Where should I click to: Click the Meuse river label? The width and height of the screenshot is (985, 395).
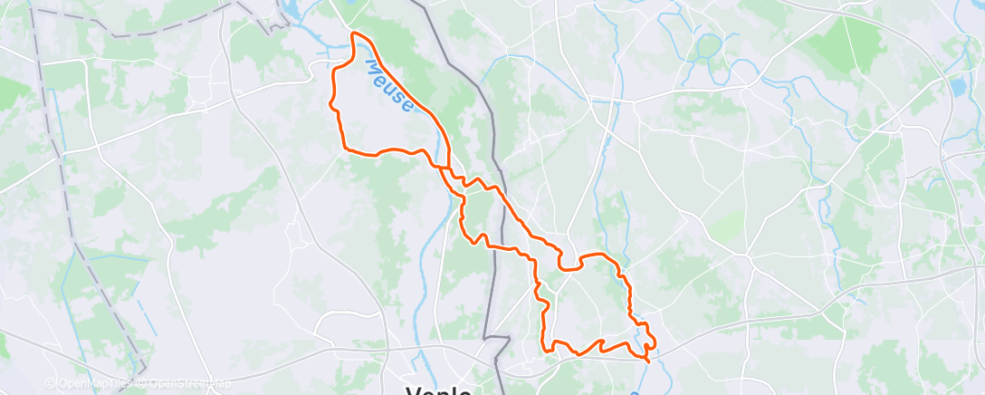pos(390,86)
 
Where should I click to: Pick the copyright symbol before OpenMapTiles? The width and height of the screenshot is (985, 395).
pos(51,383)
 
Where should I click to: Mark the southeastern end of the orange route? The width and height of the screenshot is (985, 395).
pos(648,361)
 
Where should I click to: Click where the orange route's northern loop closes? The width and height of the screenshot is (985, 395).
pos(441,168)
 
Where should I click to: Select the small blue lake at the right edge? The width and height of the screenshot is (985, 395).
pos(958,87)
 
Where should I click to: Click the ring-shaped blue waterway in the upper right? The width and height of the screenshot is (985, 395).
pos(707,45)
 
